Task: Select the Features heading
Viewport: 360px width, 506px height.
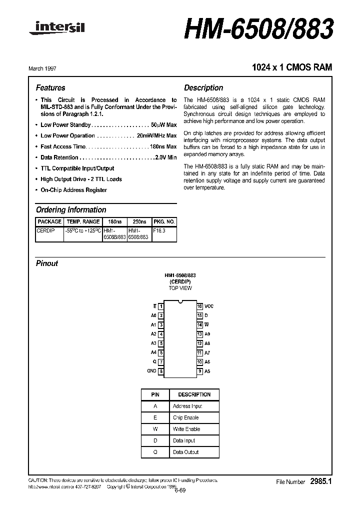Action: pyautogui.click(x=50, y=88)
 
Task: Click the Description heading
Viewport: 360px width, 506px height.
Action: pyautogui.click(x=203, y=88)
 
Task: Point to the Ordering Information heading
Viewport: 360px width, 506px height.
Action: pyautogui.click(x=71, y=210)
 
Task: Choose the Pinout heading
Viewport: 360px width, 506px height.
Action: pyautogui.click(x=47, y=263)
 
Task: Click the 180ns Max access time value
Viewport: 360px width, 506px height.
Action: pyautogui.click(x=163, y=146)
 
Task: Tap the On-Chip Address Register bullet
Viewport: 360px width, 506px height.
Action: pyautogui.click(x=73, y=190)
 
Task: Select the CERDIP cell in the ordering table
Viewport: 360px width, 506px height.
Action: pyautogui.click(x=45, y=230)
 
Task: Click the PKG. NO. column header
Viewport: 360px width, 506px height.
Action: pyautogui.click(x=164, y=221)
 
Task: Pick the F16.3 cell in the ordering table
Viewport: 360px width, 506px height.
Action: pyautogui.click(x=158, y=230)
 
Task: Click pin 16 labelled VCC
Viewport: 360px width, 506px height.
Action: pyautogui.click(x=200, y=306)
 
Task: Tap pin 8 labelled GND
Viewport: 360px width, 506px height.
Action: pyautogui.click(x=161, y=371)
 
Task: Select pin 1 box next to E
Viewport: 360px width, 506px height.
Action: pyautogui.click(x=161, y=306)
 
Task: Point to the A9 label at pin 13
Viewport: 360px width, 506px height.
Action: pyautogui.click(x=207, y=334)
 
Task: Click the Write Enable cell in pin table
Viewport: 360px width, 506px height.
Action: pyautogui.click(x=186, y=429)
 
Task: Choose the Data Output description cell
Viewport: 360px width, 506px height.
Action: pyautogui.click(x=185, y=452)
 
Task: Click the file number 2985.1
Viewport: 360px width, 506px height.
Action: pyautogui.click(x=320, y=481)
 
